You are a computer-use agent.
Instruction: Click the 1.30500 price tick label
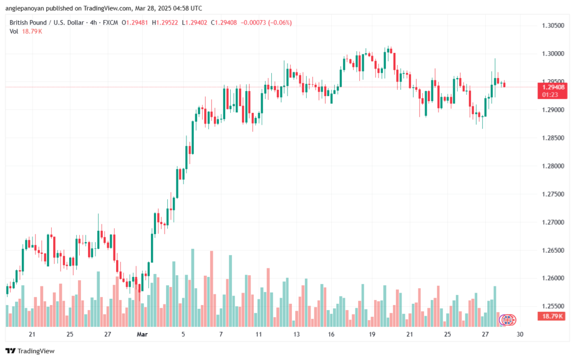point(553,26)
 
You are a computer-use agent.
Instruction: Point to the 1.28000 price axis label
point(553,166)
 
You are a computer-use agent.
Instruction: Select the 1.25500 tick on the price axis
point(553,307)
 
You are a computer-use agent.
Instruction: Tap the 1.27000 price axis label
point(553,222)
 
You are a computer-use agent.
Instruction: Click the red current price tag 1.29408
point(553,86)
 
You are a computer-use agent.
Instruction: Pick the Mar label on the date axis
point(143,334)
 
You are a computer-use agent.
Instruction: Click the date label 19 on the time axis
point(372,334)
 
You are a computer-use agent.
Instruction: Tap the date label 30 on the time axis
point(521,334)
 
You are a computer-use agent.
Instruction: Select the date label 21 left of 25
point(32,334)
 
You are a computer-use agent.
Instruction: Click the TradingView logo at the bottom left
point(30,351)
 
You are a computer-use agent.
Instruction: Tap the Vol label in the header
point(15,31)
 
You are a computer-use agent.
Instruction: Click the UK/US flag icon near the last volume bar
point(508,319)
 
